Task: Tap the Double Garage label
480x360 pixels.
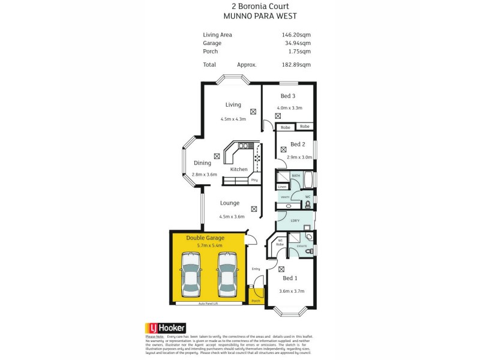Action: [205, 238]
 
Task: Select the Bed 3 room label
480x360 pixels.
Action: [288, 96]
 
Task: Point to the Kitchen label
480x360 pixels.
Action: [239, 169]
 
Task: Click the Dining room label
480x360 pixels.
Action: [202, 163]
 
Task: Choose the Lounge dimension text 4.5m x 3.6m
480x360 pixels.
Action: [232, 217]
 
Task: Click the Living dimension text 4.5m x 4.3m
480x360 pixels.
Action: [233, 119]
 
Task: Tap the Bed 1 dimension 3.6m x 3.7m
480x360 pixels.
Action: [292, 291]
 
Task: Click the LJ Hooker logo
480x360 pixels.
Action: [166, 328]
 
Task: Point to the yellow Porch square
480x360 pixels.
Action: [256, 295]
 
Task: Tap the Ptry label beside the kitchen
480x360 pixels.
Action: [254, 180]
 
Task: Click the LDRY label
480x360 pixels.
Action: [295, 220]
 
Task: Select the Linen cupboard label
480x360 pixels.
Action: [282, 187]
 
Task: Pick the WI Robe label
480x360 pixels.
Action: [280, 242]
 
